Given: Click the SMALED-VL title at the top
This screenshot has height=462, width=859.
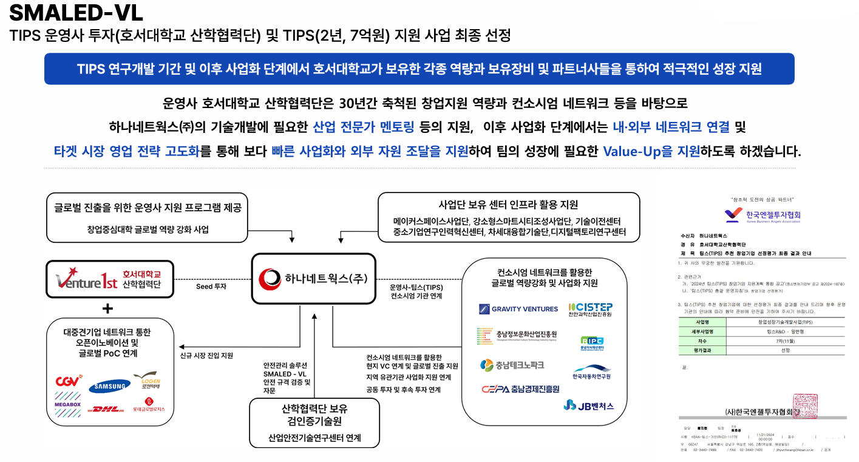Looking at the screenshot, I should click(x=76, y=13).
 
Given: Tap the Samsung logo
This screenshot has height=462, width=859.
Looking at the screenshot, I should click(x=109, y=386).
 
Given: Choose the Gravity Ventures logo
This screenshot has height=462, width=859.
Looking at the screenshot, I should click(x=518, y=309).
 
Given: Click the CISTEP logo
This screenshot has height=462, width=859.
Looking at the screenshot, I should click(x=590, y=309).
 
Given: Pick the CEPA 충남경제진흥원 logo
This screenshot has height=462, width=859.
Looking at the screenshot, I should click(x=520, y=389).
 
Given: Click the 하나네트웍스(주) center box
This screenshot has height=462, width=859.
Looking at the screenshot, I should click(x=313, y=279).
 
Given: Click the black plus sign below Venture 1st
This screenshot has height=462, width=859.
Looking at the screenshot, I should click(x=107, y=308).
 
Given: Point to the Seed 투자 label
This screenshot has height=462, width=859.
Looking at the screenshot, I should click(x=211, y=286).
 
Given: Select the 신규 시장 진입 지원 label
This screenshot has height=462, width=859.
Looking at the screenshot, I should click(x=206, y=356).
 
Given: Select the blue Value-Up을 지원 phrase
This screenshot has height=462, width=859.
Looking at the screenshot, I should click(x=651, y=151).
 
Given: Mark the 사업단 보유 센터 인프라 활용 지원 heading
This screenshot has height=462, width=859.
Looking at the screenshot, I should click(x=508, y=204).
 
